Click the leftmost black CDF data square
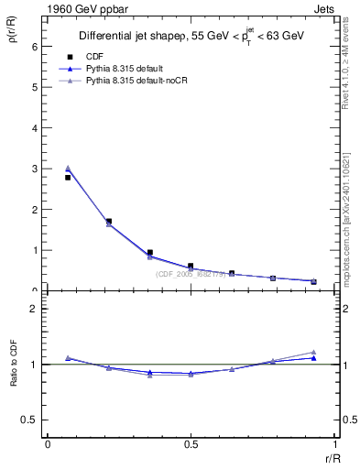click(68, 178)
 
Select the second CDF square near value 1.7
click(109, 221)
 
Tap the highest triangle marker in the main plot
click(68, 168)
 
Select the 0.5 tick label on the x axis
click(191, 444)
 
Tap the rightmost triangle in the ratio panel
click(313, 352)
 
